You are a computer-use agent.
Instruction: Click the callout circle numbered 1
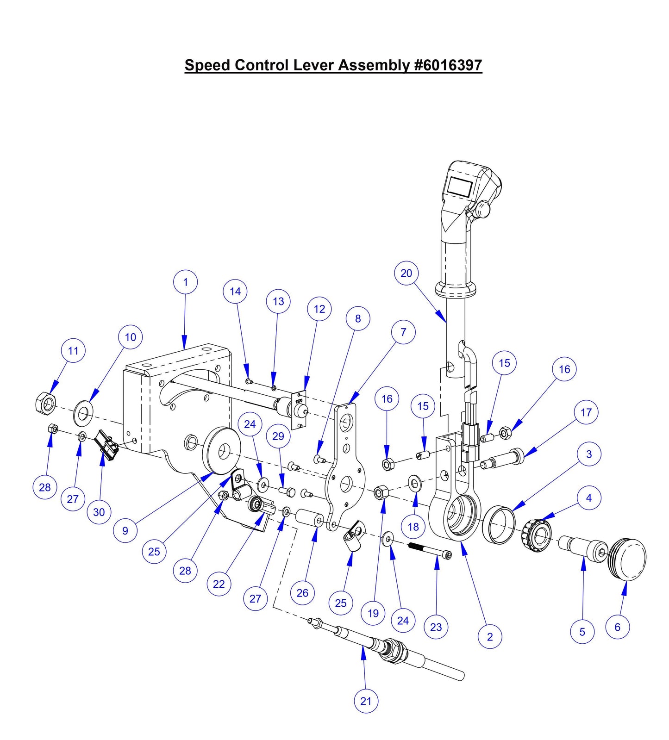point(185,282)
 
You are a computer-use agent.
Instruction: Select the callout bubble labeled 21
point(366,701)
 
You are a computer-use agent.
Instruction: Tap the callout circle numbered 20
point(406,273)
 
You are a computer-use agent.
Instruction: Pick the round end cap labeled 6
point(629,559)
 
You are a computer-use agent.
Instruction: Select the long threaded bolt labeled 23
point(430,550)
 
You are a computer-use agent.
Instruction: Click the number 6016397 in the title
point(451,65)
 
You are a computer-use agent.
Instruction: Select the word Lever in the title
point(315,65)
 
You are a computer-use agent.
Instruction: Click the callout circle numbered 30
point(99,512)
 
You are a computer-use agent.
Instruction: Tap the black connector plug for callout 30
point(107,446)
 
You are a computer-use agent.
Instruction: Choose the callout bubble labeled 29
point(278,436)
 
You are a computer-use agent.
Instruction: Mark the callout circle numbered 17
point(586,412)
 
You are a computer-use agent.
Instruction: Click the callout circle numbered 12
point(319,309)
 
